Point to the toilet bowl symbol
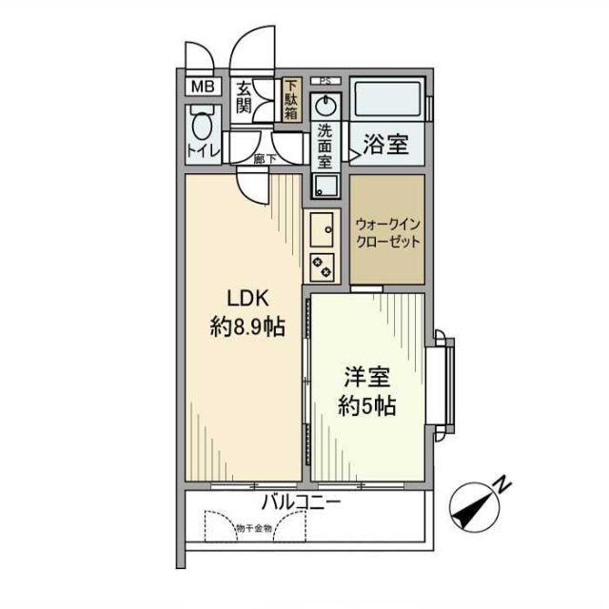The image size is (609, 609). (202, 125)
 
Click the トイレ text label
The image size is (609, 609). (203, 151)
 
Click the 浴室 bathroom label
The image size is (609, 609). (386, 146)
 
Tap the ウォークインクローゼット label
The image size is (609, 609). (386, 233)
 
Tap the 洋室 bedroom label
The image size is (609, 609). (365, 375)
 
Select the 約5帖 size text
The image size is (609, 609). (366, 406)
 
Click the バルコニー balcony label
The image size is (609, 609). (303, 501)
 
